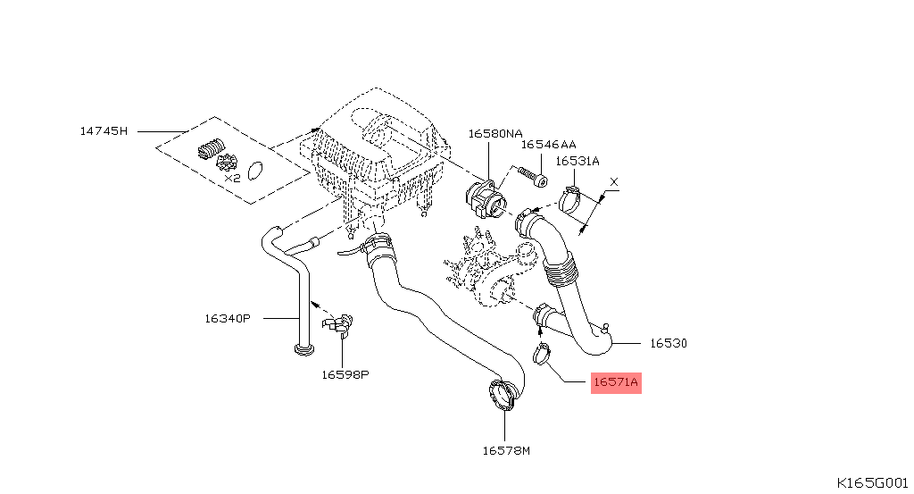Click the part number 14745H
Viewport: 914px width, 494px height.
click(104, 131)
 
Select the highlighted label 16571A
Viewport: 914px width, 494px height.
click(616, 382)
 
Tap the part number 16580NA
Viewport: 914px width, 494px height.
click(495, 134)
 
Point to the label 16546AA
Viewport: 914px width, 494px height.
click(548, 144)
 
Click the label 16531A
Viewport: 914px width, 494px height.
click(577, 161)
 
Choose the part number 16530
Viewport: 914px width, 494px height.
click(668, 343)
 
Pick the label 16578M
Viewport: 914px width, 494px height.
click(506, 450)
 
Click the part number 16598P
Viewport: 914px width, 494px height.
click(345, 374)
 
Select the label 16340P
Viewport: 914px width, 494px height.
click(228, 318)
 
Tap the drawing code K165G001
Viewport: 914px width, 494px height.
click(872, 481)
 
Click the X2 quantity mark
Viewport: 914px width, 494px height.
click(232, 178)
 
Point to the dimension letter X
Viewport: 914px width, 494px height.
click(612, 182)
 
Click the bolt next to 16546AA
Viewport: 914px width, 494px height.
click(533, 176)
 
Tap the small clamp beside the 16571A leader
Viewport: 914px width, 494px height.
click(542, 355)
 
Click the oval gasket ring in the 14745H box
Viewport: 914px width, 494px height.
click(256, 169)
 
